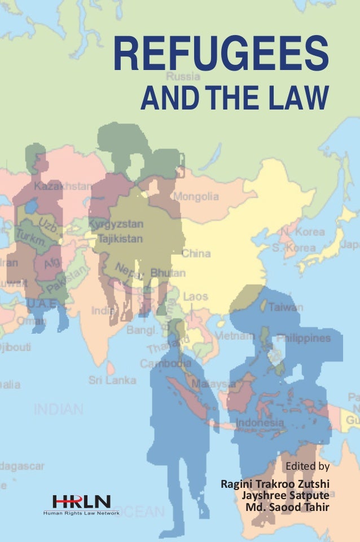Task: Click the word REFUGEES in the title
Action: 222,58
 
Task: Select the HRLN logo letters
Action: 81,501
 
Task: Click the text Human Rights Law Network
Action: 81,513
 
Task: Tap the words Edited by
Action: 308,466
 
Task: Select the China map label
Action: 195,253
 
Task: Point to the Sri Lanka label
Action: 112,380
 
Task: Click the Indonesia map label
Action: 260,423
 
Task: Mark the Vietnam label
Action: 232,336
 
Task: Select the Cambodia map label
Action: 166,364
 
